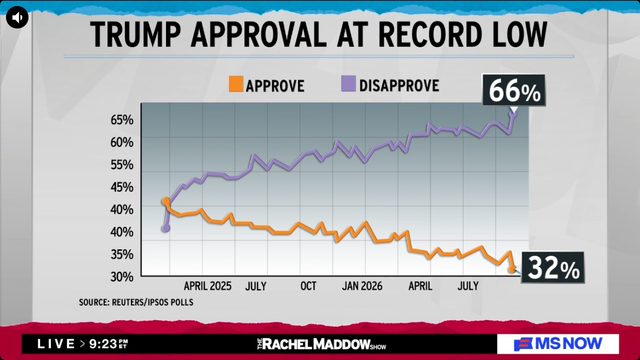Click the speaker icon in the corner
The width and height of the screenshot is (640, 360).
click(17, 17)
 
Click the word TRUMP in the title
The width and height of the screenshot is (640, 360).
click(136, 35)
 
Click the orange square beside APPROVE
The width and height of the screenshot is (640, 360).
click(236, 84)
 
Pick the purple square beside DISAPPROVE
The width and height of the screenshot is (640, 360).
click(348, 84)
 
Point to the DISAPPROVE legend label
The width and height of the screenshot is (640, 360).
click(399, 86)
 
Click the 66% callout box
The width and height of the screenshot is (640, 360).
click(514, 90)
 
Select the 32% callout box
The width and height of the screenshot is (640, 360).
click(553, 268)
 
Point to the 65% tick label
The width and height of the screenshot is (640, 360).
click(122, 120)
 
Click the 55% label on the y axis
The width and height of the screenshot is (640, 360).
click(122, 165)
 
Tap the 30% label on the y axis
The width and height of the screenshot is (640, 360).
click(122, 277)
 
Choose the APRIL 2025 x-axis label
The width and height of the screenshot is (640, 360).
click(207, 286)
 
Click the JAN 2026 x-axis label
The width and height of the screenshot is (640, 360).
click(362, 286)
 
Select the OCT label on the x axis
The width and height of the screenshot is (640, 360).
click(308, 286)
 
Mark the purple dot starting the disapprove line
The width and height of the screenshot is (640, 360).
click(165, 228)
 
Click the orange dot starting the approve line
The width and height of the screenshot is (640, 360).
click(166, 201)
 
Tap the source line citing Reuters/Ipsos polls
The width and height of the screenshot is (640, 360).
click(136, 302)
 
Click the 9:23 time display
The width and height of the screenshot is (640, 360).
click(104, 344)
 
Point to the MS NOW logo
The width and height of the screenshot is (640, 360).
click(558, 344)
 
